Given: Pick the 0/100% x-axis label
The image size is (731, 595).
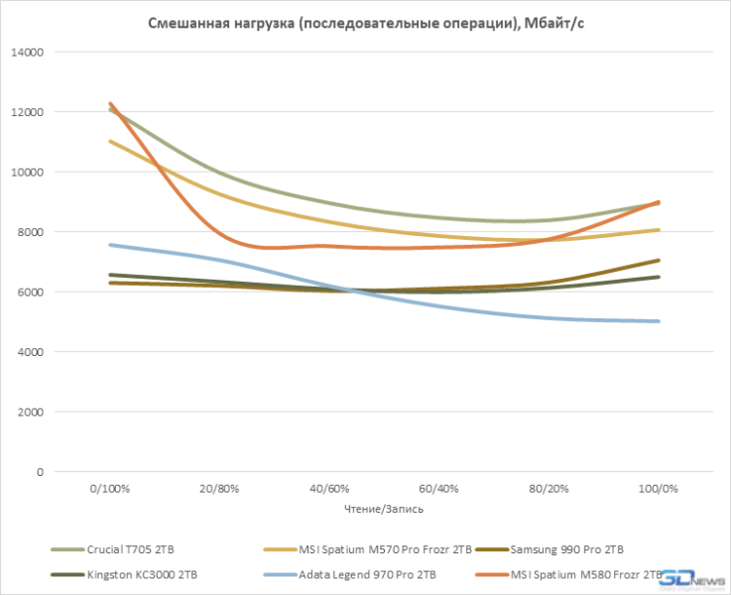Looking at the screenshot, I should pyautogui.click(x=110, y=490).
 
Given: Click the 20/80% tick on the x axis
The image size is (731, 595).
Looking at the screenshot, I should pyautogui.click(x=219, y=490).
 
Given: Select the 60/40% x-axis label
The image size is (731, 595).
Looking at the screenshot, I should pyautogui.click(x=438, y=490).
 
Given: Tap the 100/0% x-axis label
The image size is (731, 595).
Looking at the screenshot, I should pyautogui.click(x=658, y=490).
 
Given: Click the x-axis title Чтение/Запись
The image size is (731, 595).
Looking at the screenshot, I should pyautogui.click(x=384, y=509).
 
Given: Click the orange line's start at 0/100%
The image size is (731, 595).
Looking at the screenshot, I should pyautogui.click(x=110, y=103).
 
